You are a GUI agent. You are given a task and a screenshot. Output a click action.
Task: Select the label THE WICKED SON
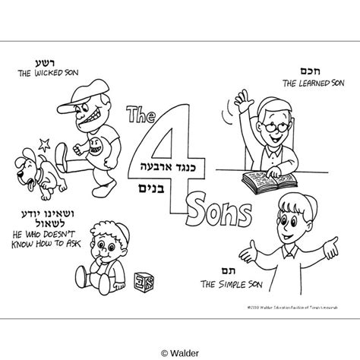(45, 75)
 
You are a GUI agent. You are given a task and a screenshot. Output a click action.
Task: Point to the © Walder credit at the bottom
(180, 351)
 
